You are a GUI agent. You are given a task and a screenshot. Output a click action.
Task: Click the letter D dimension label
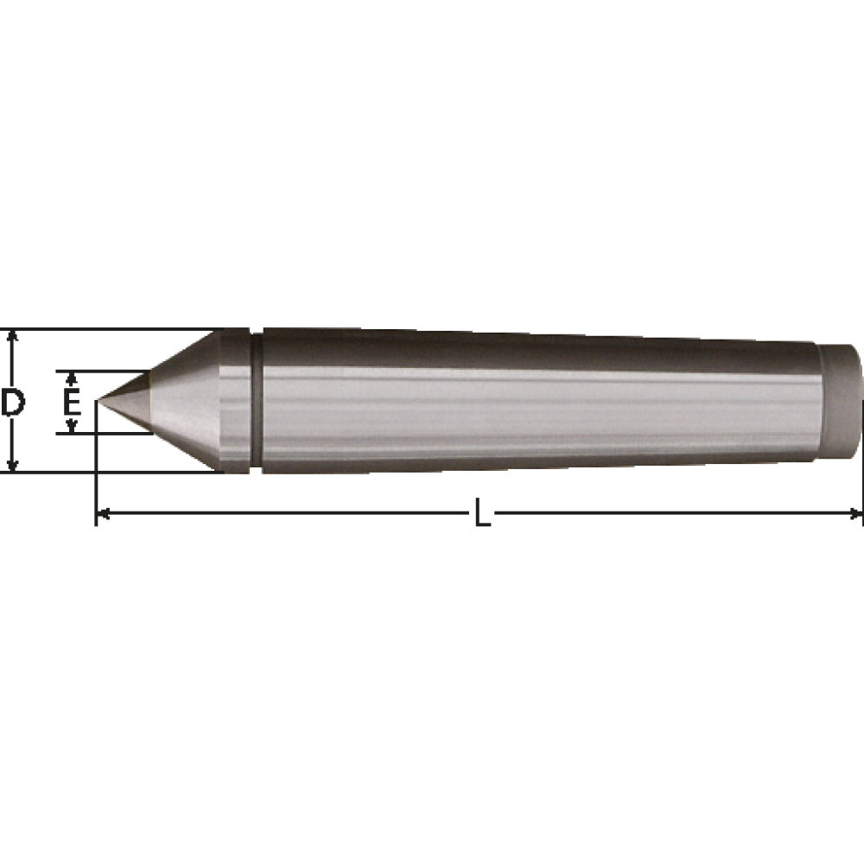[x=12, y=401]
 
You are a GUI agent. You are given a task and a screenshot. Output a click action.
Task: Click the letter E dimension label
[x=72, y=401]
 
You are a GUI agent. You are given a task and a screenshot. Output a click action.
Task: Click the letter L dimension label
[x=483, y=513]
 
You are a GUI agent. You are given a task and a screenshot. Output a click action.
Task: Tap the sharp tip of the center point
[x=98, y=400]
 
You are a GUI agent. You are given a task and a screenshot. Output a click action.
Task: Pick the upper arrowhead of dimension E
[x=71, y=378]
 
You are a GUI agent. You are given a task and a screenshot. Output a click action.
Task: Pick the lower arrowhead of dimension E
[x=71, y=426]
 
